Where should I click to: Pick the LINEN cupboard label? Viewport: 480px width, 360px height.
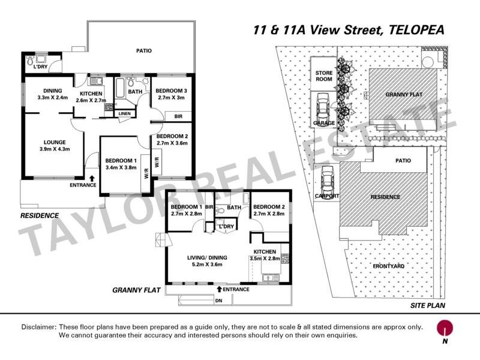124,113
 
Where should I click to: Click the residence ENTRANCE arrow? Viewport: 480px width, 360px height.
91,178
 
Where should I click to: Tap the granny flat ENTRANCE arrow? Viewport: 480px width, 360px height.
220,289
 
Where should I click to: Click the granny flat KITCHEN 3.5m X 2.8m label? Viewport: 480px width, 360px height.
265,255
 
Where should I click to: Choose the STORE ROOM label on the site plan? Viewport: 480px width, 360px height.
324,76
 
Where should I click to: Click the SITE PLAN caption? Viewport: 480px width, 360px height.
427,305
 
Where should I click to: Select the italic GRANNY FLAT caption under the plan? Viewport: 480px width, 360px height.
136,290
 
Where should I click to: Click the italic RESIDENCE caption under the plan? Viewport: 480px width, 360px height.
40,215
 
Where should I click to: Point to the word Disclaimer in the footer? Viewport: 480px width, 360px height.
38,327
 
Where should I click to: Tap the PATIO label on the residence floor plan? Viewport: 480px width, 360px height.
143,51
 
